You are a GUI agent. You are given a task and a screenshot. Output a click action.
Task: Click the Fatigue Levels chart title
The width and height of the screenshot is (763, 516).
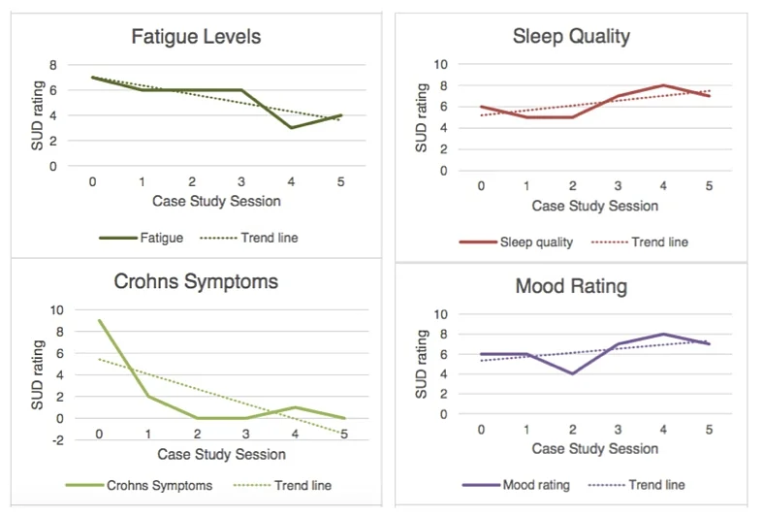click(197, 38)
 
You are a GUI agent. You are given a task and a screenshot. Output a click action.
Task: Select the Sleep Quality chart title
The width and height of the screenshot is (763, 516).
click(571, 37)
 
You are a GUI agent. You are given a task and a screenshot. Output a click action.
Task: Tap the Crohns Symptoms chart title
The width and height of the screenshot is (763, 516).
click(197, 282)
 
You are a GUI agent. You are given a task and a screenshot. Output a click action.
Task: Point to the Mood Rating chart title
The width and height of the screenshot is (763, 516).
click(571, 287)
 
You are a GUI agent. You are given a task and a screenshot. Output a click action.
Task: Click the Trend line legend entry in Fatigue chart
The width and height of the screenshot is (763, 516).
click(250, 237)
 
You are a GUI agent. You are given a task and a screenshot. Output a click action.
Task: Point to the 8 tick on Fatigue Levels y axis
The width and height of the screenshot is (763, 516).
click(53, 65)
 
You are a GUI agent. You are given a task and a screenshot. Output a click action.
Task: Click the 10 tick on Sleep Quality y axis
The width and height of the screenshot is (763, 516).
click(440, 65)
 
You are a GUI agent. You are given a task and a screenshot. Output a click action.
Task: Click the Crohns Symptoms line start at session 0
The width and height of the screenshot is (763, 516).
click(100, 320)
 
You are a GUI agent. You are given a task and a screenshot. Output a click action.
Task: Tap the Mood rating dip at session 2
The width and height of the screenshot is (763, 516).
click(571, 373)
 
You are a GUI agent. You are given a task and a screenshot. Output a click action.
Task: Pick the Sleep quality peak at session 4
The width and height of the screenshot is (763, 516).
click(662, 85)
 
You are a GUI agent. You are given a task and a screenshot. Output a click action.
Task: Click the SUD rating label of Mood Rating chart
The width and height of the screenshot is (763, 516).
click(422, 365)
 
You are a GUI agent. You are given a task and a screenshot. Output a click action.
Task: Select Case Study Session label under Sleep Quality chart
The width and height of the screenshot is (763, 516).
click(594, 206)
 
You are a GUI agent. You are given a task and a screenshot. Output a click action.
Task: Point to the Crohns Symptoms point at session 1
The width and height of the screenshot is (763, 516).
click(146, 397)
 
